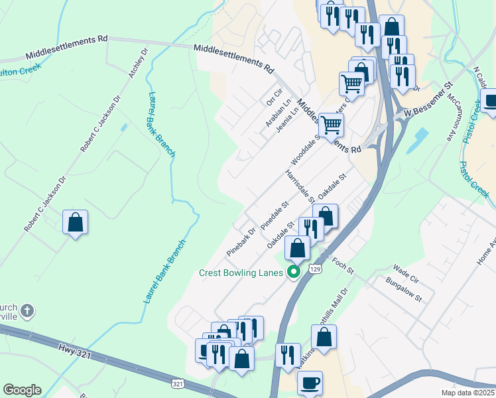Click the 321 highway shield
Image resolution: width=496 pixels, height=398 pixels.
click(x=177, y=383)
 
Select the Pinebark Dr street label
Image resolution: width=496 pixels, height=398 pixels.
click(x=241, y=243)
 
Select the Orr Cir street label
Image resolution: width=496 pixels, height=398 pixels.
click(x=274, y=97)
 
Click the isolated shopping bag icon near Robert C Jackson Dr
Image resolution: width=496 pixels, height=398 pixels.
click(x=76, y=222)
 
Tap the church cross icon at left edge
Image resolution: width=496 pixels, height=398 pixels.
click(x=26, y=310)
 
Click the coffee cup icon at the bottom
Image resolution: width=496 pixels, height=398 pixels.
click(x=310, y=383)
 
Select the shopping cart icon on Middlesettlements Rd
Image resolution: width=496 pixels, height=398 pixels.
click(x=331, y=124)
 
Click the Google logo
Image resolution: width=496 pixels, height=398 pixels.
click(x=22, y=390)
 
